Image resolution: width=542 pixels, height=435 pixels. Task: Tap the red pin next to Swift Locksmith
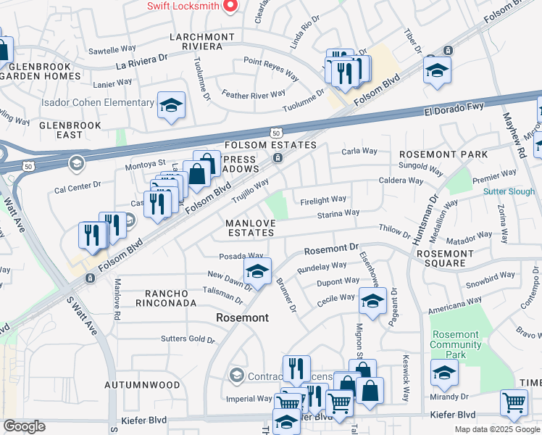pyautogui.click(x=230, y=6)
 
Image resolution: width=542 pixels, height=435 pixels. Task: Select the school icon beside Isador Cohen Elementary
pyautogui.click(x=171, y=105)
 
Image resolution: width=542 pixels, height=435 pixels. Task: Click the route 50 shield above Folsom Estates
pyautogui.click(x=275, y=133)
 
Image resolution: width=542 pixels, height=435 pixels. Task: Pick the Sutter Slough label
pyautogui.click(x=509, y=191)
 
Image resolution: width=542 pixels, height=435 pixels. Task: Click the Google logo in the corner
pyautogui.click(x=24, y=426)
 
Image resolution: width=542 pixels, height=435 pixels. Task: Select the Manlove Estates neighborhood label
pyautogui.click(x=250, y=228)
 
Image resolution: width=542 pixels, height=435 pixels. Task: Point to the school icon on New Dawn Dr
pyautogui.click(x=257, y=272)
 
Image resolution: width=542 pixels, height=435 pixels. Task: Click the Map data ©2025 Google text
pyautogui.click(x=496, y=429)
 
